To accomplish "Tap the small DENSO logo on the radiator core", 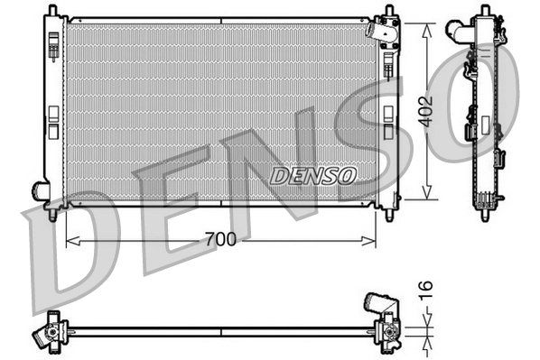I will tap(312, 173).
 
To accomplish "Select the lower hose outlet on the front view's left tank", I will tap(41, 189).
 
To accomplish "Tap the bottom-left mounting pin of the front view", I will tap(52, 216).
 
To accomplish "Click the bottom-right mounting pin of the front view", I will tap(389, 216).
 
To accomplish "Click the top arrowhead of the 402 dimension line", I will tap(426, 22).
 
